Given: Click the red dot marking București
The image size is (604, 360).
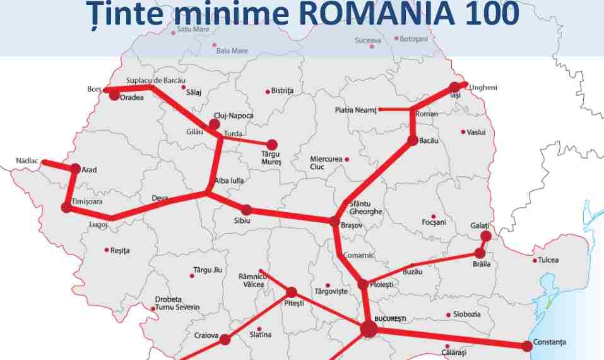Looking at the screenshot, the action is tap(369, 328).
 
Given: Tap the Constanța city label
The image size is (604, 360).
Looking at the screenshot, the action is tap(549, 342).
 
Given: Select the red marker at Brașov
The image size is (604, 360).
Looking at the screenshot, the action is tap(335, 221).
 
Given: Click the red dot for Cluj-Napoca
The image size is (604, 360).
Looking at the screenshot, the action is tap(214, 124).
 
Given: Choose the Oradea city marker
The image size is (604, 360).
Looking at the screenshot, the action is tap(114, 95).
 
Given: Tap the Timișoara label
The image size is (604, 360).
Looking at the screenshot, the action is tap(87, 201).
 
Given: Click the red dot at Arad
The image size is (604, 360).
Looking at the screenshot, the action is tap(76, 169).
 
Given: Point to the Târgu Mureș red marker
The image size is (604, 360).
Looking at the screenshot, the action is tap(272, 145).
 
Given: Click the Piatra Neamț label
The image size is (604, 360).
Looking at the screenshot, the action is tap(355, 111).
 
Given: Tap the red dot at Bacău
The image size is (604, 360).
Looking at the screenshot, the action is tap(413, 140).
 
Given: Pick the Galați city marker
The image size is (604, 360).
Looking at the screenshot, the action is tap(485, 236).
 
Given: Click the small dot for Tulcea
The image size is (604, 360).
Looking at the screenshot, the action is tap(535, 260).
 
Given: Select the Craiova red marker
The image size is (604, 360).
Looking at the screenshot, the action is tap(225, 339).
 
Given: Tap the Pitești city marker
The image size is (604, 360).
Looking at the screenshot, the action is tap(292, 292).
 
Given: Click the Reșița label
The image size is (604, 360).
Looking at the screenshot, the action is tap(119, 251).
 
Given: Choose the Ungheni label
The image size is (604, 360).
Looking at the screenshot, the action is tap(483, 87).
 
